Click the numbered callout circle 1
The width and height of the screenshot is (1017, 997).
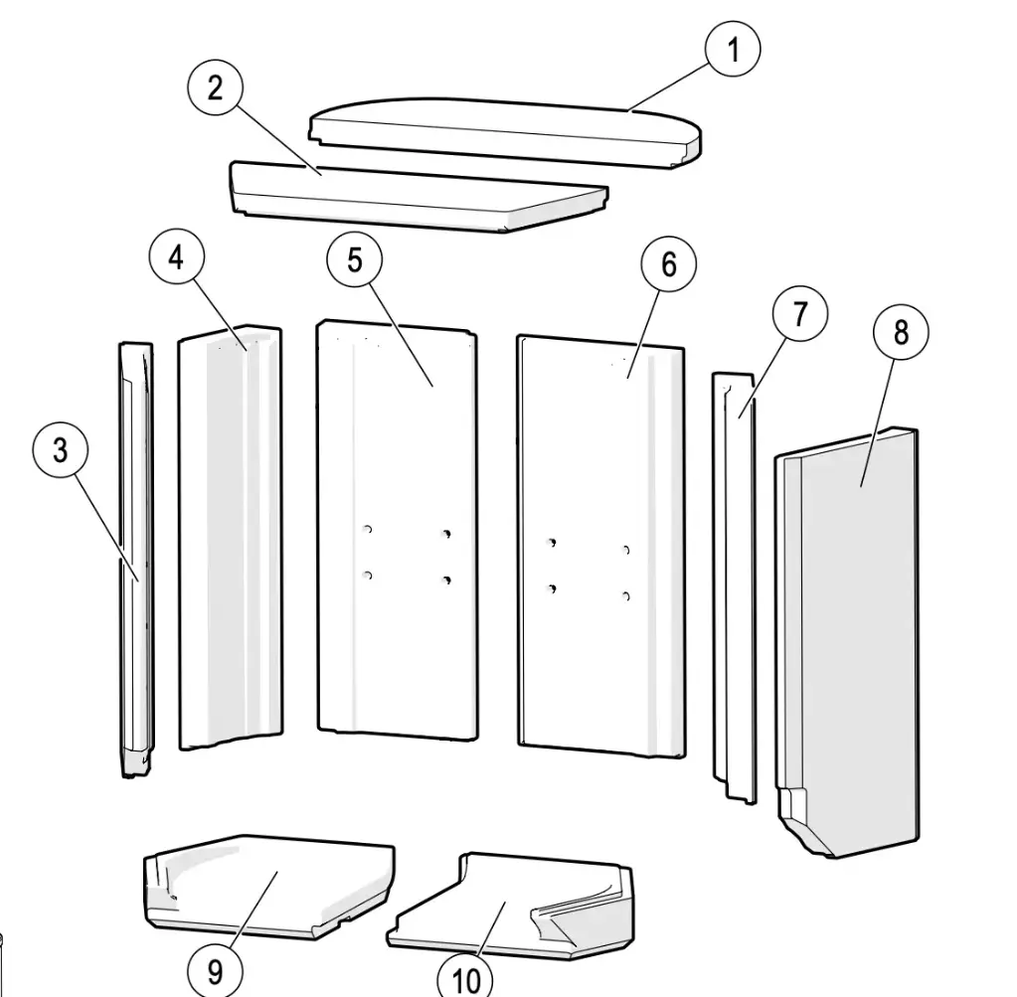(x=733, y=50)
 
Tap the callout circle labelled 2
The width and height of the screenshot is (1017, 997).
(x=216, y=86)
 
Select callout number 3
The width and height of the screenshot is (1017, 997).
(x=61, y=449)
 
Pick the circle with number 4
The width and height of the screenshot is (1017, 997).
(x=176, y=258)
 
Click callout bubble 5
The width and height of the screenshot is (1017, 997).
(x=354, y=259)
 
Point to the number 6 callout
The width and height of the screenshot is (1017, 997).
(x=669, y=264)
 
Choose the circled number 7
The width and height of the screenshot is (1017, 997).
(x=800, y=314)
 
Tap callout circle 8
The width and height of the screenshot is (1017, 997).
(x=901, y=332)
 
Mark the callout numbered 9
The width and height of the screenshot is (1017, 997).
(x=216, y=970)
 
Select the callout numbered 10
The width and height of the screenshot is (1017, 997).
(x=465, y=977)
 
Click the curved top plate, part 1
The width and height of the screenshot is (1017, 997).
(x=506, y=133)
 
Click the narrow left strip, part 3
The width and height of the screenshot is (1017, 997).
(x=137, y=560)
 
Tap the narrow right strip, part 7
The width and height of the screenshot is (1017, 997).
(x=735, y=587)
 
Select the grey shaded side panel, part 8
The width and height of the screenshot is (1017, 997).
(x=847, y=642)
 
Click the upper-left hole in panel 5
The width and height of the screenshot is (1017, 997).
(x=368, y=529)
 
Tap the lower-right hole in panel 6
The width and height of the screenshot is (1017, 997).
(x=626, y=596)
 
